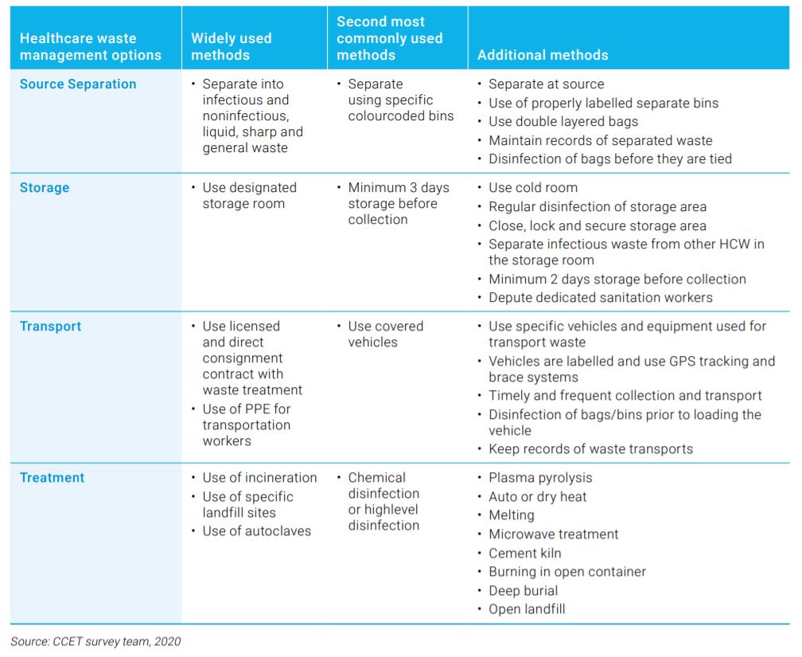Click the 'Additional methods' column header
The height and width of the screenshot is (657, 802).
click(x=543, y=55)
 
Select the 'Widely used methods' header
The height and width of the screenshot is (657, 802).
click(x=232, y=47)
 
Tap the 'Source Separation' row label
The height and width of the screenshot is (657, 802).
click(x=78, y=84)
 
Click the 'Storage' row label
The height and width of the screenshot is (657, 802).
click(x=45, y=188)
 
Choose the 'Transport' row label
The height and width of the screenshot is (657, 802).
click(x=50, y=327)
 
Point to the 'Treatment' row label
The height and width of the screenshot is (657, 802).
click(x=52, y=478)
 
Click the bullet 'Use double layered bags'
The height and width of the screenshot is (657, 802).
click(x=563, y=122)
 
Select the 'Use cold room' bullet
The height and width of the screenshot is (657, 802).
click(x=533, y=188)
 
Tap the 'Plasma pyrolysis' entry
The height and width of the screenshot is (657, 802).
click(x=540, y=479)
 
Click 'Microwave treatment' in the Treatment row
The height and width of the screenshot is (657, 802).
click(x=554, y=534)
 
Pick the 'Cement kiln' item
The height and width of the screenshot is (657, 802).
click(x=525, y=553)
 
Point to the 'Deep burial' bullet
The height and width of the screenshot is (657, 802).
click(x=523, y=591)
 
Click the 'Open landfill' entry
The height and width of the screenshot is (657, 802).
click(x=527, y=609)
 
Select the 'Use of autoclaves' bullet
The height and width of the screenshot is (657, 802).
click(x=257, y=531)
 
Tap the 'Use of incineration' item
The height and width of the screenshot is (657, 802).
click(x=260, y=478)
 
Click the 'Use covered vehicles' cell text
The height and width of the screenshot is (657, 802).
click(x=386, y=334)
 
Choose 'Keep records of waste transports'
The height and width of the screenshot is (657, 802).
click(x=590, y=449)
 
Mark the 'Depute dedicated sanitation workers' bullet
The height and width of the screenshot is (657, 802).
click(x=601, y=298)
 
